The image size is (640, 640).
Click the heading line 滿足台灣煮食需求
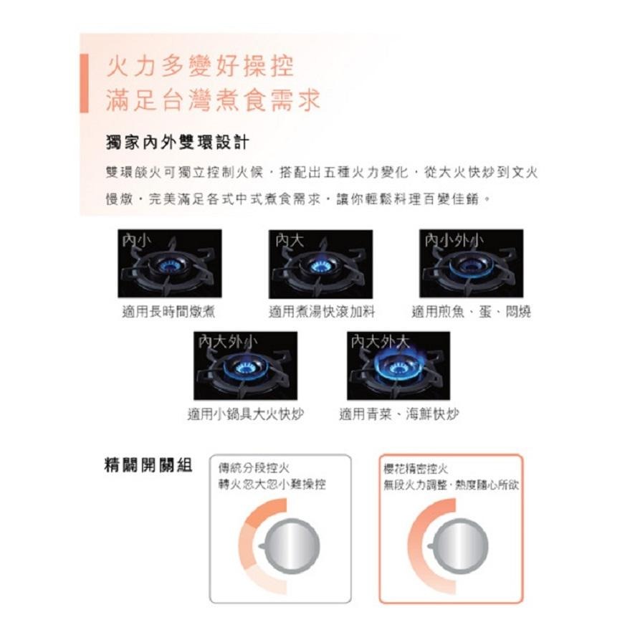(x=211, y=100)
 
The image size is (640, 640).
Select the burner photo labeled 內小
(x=170, y=263)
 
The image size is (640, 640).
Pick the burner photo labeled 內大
(x=320, y=263)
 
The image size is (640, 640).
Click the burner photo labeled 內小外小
(x=472, y=263)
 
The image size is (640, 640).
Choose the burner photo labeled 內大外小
(x=245, y=365)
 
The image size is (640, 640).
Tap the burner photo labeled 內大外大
(x=398, y=365)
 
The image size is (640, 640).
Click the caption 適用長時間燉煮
(x=169, y=312)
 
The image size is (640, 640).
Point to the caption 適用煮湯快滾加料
(x=322, y=312)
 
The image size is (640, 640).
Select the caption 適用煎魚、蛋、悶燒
(x=472, y=312)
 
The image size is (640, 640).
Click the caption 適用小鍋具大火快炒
(x=246, y=414)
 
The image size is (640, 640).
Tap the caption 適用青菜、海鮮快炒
(x=399, y=414)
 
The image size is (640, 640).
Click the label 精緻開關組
(x=148, y=465)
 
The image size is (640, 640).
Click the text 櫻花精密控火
(x=416, y=469)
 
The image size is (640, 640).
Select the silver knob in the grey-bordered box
(x=290, y=546)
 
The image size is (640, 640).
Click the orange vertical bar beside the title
(x=84, y=83)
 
